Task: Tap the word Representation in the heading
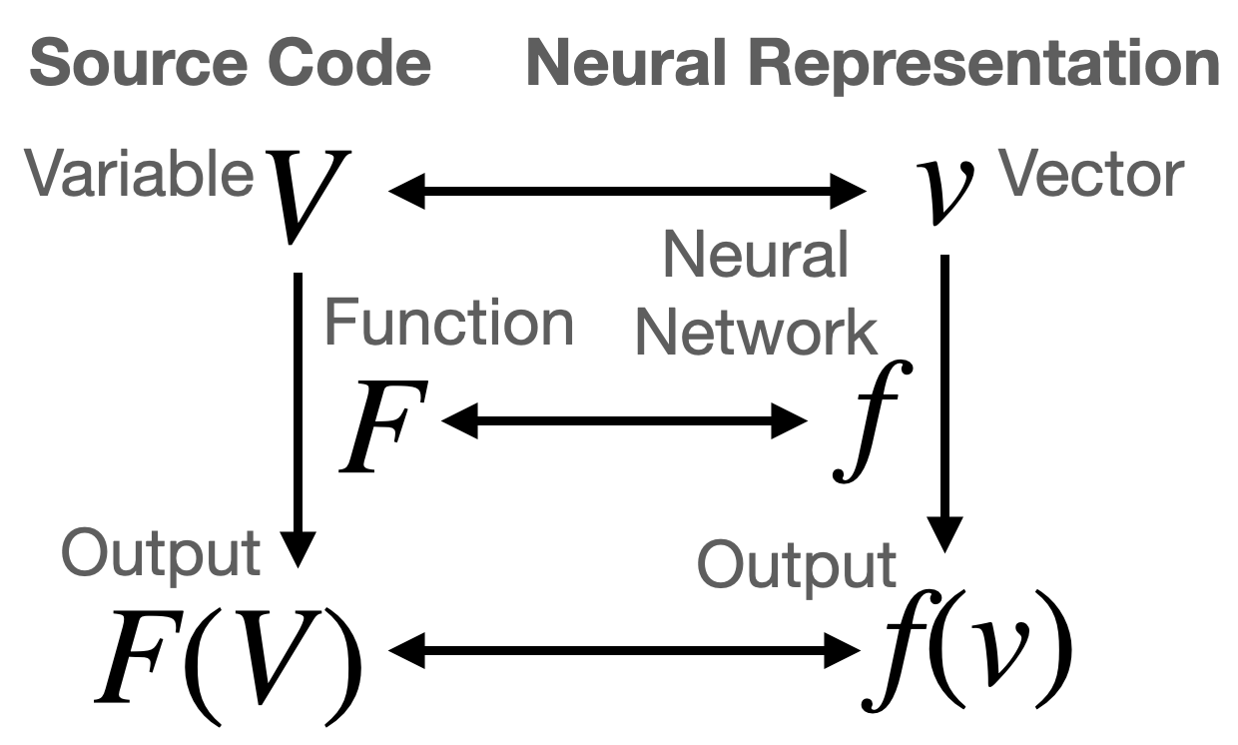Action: tap(983, 65)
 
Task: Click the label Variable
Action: tap(139, 176)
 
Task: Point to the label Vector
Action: tap(1091, 176)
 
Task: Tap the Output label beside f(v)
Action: tap(796, 565)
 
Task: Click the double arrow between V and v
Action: tap(627, 191)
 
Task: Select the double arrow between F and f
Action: tap(623, 423)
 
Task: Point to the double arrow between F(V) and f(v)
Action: tap(623, 654)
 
